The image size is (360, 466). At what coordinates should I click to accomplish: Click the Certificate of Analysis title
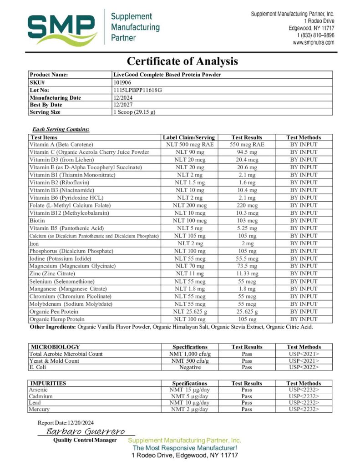182,61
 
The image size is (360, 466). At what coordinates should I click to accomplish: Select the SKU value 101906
122,82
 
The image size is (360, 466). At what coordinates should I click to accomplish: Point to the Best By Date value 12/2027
123,105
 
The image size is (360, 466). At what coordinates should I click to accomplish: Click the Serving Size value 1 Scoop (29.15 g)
134,112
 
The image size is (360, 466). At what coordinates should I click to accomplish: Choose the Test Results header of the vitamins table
247,137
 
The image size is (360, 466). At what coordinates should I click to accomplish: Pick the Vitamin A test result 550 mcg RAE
247,144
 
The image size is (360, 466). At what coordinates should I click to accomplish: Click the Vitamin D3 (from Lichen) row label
61,160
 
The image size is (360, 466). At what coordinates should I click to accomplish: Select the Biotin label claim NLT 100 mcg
190,220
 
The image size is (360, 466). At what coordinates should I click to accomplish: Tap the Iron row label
35,243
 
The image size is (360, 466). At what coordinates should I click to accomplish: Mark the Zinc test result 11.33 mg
247,274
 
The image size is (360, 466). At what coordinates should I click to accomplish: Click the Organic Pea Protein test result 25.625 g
247,312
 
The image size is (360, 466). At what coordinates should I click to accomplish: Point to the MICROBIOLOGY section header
55,347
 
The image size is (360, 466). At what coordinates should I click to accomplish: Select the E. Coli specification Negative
190,367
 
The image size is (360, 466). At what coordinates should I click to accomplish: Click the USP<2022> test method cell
304,367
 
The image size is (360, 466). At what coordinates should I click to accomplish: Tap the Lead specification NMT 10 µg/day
190,403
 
